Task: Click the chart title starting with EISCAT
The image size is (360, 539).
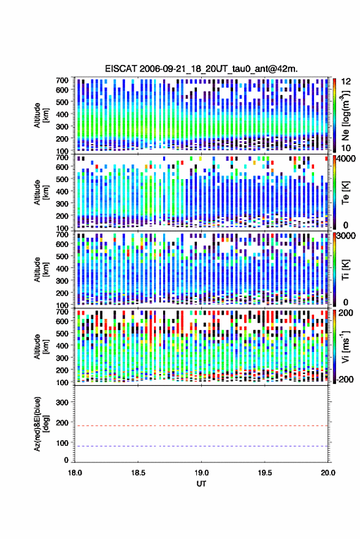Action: (x=201, y=69)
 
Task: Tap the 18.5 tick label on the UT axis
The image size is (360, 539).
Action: (x=138, y=473)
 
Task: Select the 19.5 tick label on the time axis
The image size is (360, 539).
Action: (x=265, y=473)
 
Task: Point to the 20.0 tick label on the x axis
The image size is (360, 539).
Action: (x=327, y=473)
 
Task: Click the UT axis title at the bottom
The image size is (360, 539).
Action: (x=201, y=484)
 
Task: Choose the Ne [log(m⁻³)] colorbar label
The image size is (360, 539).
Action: (x=345, y=115)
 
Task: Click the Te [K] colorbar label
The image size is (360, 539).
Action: (x=345, y=193)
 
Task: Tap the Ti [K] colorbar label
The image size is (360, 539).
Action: (x=345, y=270)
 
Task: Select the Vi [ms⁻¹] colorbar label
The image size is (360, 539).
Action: (x=345, y=346)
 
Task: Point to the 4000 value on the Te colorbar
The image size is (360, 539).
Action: (x=347, y=159)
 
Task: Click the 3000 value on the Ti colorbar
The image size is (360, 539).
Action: (x=347, y=236)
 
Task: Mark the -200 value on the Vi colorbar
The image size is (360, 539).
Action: (x=344, y=380)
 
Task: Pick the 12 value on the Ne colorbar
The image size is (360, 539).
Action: (x=347, y=82)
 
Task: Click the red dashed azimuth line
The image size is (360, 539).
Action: (x=201, y=426)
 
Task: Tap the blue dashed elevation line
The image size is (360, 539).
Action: (x=201, y=446)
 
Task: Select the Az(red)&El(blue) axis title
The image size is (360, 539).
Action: (x=41, y=424)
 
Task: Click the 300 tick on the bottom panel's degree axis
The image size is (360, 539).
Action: (x=62, y=402)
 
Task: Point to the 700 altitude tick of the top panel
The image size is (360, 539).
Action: (x=62, y=80)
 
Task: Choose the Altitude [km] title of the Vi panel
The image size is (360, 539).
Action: (x=41, y=346)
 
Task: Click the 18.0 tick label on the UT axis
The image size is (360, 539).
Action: (x=75, y=473)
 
